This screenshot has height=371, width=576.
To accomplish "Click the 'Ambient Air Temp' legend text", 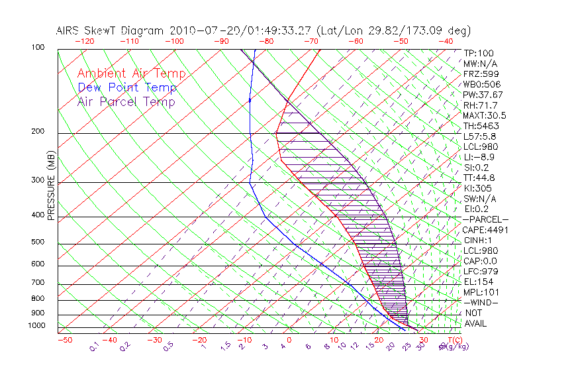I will [131, 74].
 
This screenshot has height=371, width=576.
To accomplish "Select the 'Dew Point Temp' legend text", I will [127, 88].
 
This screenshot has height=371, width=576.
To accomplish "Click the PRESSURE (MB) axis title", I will [51, 189].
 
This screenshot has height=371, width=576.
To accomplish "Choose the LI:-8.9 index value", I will [479, 157].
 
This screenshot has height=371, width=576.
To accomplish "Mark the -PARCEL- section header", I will [485, 219].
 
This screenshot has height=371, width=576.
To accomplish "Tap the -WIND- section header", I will [481, 302].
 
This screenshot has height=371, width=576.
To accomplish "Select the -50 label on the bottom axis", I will [64, 340].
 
